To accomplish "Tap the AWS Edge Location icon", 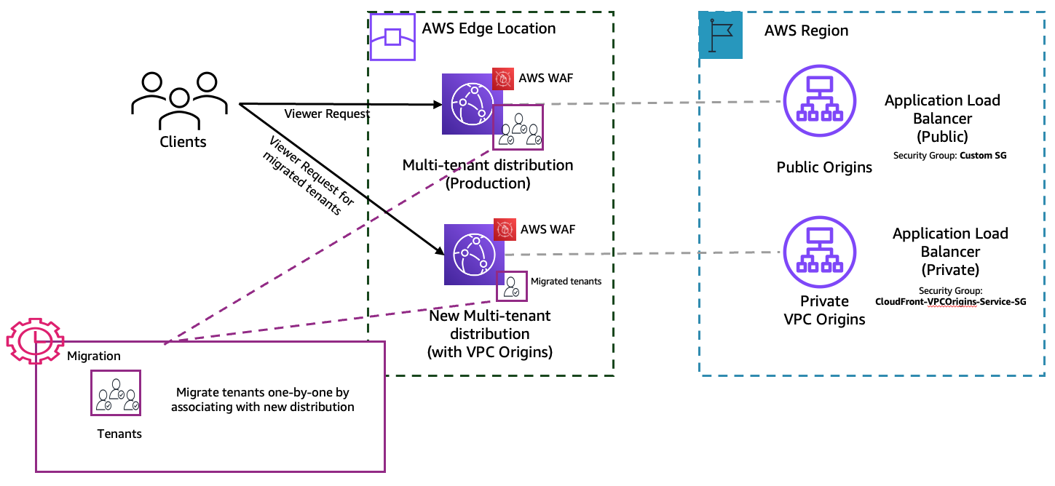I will [392, 37].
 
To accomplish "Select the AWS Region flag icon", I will [720, 35].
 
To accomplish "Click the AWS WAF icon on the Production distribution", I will [503, 79].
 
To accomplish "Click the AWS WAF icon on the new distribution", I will [505, 230].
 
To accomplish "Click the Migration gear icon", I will [34, 340].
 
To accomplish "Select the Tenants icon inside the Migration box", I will [115, 392].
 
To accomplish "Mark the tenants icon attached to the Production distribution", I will [518, 127].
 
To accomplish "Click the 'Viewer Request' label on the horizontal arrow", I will [327, 113].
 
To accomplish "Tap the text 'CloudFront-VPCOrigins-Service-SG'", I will [950, 301].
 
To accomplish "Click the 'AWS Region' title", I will [806, 31].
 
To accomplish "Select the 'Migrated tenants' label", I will [566, 281].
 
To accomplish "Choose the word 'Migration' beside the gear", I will [93, 356].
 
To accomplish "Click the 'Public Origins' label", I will [824, 167].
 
